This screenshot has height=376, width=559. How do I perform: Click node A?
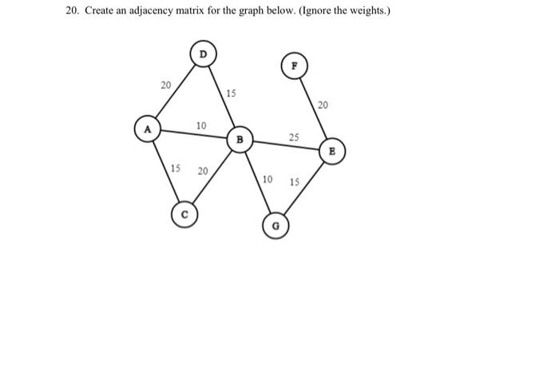click(147, 129)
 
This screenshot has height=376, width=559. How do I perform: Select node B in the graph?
click(239, 140)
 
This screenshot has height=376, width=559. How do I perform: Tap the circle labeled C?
click(184, 214)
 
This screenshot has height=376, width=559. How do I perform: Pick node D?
click(203, 53)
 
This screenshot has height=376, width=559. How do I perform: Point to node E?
click(333, 150)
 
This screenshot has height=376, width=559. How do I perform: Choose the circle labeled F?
click(294, 66)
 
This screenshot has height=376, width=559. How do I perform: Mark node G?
click(276, 226)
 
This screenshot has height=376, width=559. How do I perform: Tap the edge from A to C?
click(165, 171)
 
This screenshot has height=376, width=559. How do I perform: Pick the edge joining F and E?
click(313, 108)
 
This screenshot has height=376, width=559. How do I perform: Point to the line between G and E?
click(305, 188)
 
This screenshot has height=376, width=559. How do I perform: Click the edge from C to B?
click(212, 177)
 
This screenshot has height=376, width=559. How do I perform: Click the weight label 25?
click(294, 138)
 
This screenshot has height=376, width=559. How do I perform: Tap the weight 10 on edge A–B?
click(201, 126)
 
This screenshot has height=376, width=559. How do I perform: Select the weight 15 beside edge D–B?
click(232, 94)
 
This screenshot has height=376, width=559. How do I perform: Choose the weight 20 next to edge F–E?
click(323, 105)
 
